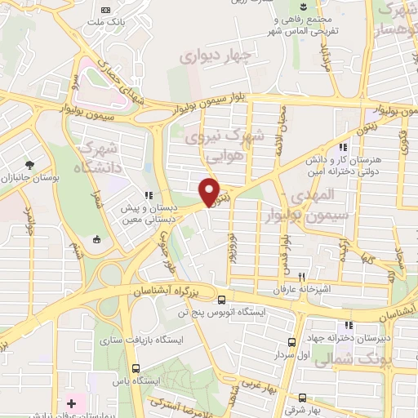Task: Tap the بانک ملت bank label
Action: (x=118, y=24)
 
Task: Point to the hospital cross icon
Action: (x=71, y=403)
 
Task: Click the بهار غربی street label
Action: (x=267, y=384)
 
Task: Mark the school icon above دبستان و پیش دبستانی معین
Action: (x=149, y=195)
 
